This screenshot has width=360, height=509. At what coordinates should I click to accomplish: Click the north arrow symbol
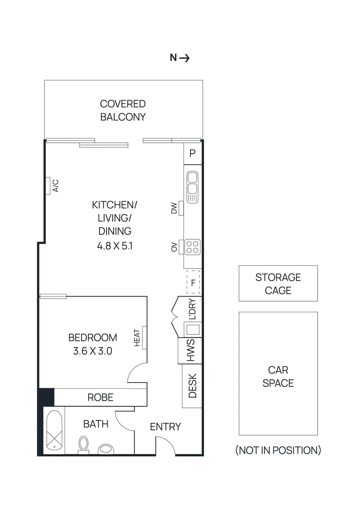pos(184,58)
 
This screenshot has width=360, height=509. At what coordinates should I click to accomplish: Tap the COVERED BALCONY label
pos(123,110)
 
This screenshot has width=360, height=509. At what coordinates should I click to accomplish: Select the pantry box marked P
pos(193,154)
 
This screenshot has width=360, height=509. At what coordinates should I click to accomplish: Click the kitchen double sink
pos(192,187)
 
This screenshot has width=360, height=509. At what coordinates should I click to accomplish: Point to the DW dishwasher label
pos(174,208)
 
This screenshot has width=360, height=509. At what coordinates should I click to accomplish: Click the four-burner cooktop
pos(193,247)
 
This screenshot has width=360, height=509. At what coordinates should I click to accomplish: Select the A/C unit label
pos(55,186)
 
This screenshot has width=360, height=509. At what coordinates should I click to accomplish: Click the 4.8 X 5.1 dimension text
pos(115,246)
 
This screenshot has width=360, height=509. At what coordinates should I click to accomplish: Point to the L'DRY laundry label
pos(192,309)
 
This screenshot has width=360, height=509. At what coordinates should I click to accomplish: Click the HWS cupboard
pos(190,350)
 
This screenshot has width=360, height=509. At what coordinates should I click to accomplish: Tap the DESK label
pos(193,386)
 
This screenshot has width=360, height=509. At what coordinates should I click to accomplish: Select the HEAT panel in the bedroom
pos(144,338)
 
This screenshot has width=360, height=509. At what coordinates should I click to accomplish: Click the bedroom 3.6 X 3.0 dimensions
pos(93,351)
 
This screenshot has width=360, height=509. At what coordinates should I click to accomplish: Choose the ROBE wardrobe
pos(100,397)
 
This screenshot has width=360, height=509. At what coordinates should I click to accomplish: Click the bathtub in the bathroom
pos(54,430)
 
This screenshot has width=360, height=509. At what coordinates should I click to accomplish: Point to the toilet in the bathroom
pos(83,444)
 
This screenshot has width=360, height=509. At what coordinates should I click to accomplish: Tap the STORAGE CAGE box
pos(278,283)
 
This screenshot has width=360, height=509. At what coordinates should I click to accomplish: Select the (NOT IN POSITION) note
pos(278,450)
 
